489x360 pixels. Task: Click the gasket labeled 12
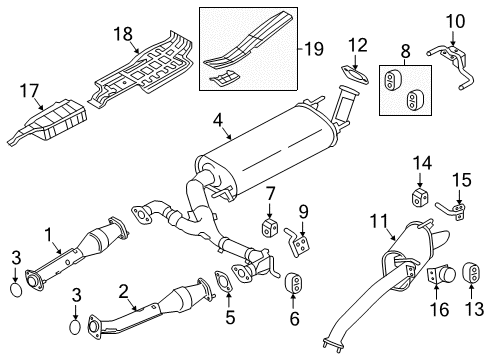[353, 76]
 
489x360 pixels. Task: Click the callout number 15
[459, 180]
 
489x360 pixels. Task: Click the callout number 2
[122, 292]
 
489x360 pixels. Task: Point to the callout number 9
[303, 210]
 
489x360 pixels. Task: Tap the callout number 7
[269, 191]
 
